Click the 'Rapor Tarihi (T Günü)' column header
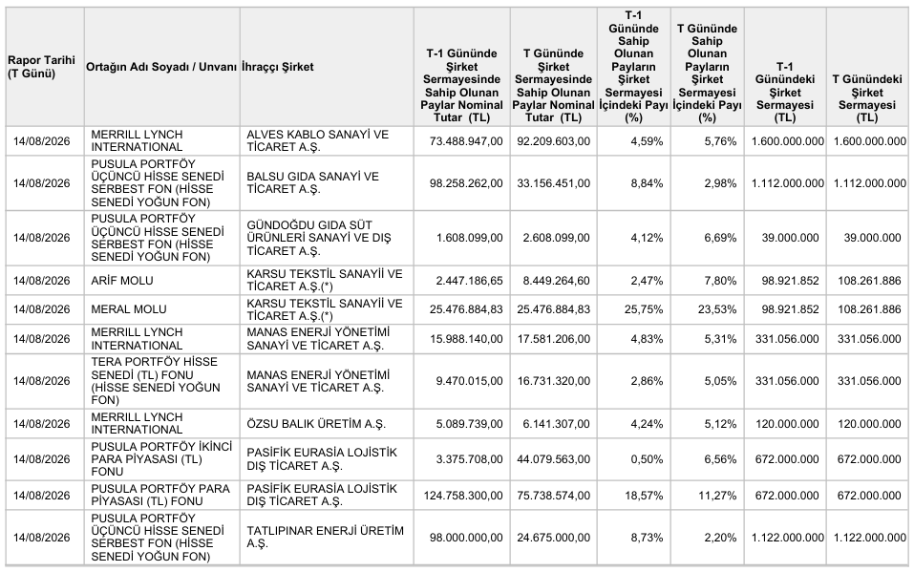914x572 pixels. pos(41,67)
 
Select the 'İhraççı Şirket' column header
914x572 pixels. pos(278,67)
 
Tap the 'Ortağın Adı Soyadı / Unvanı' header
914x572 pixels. pos(161,67)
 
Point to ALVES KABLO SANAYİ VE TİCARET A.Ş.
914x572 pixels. pos(318,140)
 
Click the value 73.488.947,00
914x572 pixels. pos(466,141)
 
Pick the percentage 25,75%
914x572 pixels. pos(644,309)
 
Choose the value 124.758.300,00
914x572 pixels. pos(463,496)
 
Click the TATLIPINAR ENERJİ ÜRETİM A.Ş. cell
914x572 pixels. pos(326,537)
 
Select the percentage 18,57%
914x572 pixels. pos(644,496)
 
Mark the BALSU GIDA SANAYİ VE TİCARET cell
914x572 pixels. pos(312,182)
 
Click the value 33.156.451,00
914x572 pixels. pos(553,183)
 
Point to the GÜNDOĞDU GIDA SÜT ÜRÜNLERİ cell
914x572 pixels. pos(319,238)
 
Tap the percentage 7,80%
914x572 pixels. pos(720,281)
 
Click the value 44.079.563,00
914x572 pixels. pos(553,459)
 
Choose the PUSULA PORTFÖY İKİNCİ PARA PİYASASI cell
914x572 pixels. pos(161,459)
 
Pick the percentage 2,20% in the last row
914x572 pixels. pos(720,538)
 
